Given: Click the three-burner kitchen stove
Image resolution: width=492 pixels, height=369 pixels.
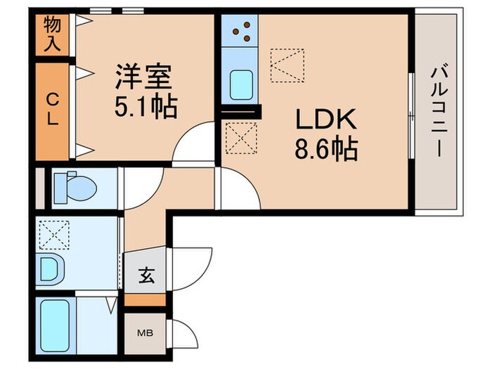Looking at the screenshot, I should (240, 31).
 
